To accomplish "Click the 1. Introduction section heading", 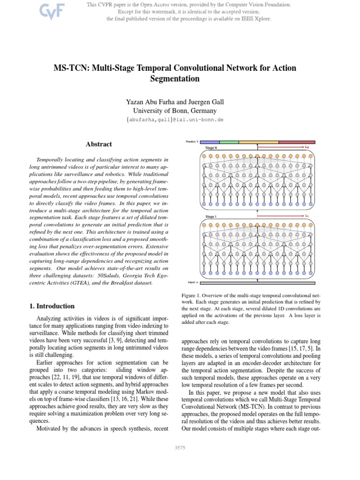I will point(52,306).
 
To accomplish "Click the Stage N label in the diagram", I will point(211,148).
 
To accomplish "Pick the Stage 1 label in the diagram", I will point(211,217).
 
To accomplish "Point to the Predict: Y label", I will point(192,141).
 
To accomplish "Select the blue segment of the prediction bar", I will point(210,142).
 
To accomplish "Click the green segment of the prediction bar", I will point(229,142).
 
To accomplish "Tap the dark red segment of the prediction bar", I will point(297,142).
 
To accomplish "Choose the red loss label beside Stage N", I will point(307,147).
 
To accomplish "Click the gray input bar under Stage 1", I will point(257,283).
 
